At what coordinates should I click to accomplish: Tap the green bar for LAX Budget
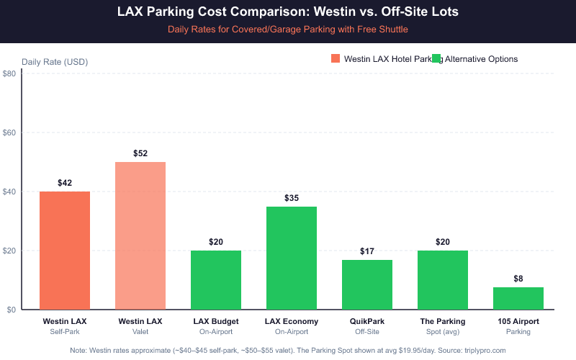tap(216, 280)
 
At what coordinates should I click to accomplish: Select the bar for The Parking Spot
tap(443, 280)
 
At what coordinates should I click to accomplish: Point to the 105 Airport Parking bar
tap(518, 298)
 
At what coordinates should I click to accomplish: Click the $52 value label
tap(140, 153)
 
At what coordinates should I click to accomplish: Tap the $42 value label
tap(65, 183)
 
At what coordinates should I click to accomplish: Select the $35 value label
tap(292, 197)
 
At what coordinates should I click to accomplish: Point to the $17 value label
tap(367, 251)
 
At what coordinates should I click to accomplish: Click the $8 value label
tap(518, 278)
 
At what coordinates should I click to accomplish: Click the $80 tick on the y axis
tap(10, 74)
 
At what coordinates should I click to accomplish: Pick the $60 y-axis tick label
tap(10, 133)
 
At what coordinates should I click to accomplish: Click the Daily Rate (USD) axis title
tap(55, 61)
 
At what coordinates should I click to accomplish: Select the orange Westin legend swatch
tap(336, 59)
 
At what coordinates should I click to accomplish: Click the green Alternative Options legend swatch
tap(436, 59)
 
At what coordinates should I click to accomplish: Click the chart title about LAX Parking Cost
tap(288, 12)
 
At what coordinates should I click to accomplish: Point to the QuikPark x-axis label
tap(367, 321)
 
